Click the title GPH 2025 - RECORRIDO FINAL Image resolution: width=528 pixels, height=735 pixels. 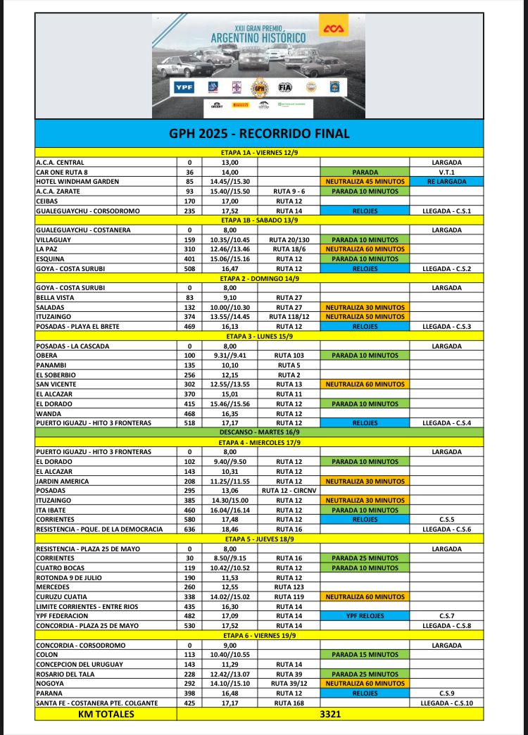(259, 133)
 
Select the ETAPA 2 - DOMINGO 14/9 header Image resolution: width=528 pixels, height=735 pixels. (259, 278)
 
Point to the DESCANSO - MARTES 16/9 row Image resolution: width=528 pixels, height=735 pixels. (259, 432)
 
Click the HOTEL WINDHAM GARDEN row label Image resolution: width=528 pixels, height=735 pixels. (77, 182)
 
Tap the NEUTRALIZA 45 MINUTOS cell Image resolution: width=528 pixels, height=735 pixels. (364, 182)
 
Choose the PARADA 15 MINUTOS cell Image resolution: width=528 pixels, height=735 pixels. (364, 655)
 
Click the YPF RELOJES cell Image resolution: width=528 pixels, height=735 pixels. (364, 616)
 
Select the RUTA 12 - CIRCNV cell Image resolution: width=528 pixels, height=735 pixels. (289, 491)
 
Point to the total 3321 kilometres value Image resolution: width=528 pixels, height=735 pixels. (330, 713)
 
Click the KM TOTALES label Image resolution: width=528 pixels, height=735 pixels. (106, 713)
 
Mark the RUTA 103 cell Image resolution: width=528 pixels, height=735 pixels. (289, 356)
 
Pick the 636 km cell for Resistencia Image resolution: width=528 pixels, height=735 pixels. (189, 529)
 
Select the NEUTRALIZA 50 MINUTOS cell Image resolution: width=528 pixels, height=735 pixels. (364, 317)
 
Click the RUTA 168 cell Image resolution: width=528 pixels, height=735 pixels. (289, 703)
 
